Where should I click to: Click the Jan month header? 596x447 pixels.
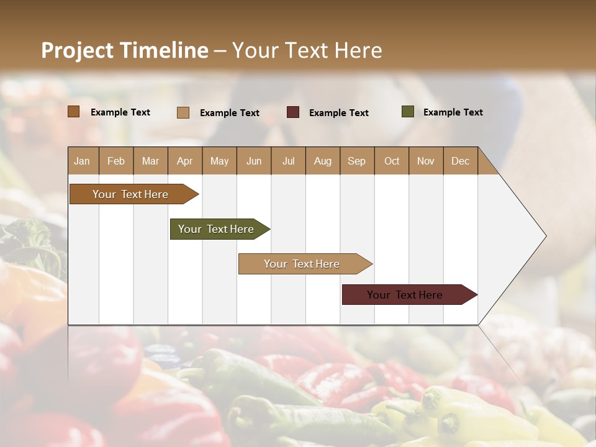[83, 161]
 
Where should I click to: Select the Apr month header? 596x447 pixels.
[185, 161]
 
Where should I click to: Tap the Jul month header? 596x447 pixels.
[288, 161]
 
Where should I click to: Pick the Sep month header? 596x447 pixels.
[356, 161]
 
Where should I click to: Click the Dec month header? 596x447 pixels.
[460, 161]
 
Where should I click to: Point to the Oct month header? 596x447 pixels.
[391, 161]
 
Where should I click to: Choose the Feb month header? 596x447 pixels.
[116, 161]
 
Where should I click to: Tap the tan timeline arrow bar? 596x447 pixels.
[302, 264]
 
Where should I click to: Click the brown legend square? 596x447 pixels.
[74, 112]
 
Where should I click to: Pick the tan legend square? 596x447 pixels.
[183, 112]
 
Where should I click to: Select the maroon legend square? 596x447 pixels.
[293, 112]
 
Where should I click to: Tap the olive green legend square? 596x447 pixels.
[408, 112]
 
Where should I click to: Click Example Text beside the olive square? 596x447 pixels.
[453, 112]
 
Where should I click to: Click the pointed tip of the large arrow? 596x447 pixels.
[544, 236]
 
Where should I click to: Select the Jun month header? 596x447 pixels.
[254, 161]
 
